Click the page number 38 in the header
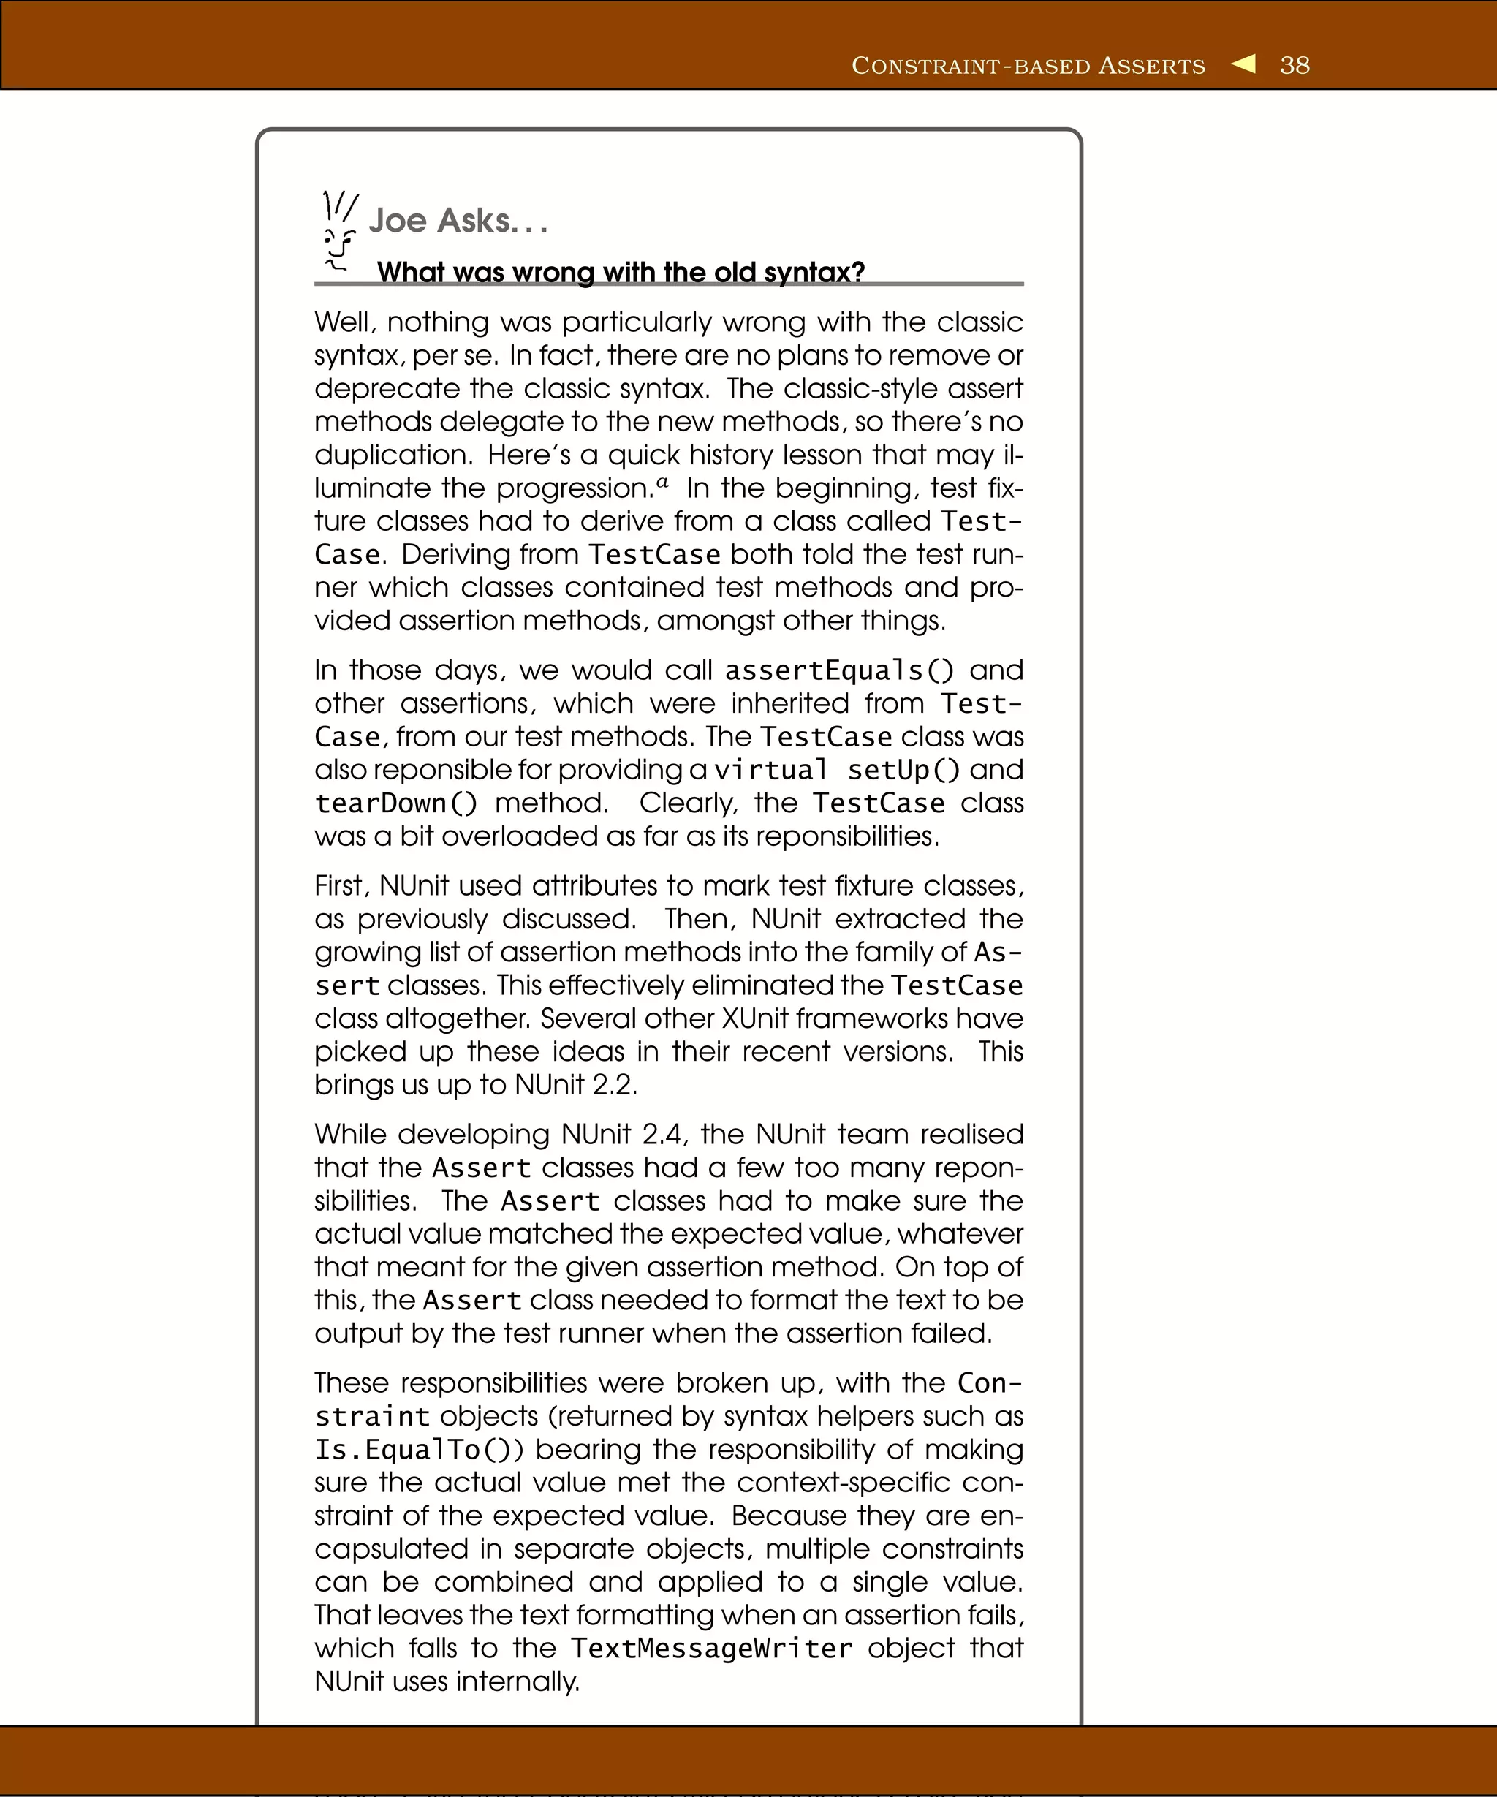click(x=1295, y=65)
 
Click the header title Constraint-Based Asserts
click(x=1028, y=66)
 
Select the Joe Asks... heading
click(x=458, y=221)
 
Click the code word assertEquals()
click(x=839, y=670)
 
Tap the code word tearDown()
click(x=396, y=803)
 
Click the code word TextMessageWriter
click(x=711, y=1648)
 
